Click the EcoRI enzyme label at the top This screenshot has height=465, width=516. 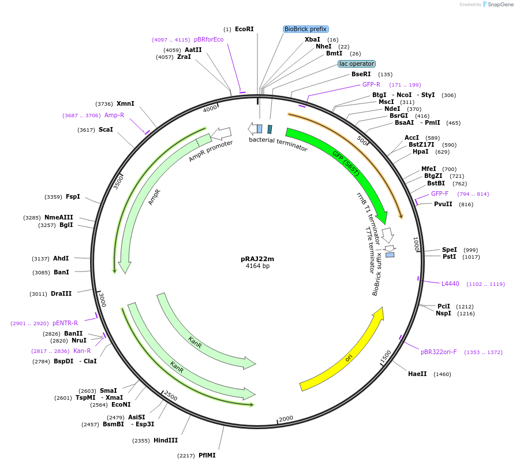(244, 29)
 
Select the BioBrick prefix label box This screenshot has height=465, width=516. (305, 29)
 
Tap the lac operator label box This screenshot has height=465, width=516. (357, 64)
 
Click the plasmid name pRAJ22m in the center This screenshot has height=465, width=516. (257, 259)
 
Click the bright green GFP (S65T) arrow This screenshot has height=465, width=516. (346, 162)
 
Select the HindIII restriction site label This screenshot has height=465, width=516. (166, 440)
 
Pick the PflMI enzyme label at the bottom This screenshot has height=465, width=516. (207, 455)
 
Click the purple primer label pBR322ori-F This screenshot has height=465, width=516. (439, 352)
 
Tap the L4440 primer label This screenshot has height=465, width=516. (450, 284)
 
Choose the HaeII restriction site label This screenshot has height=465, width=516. (417, 374)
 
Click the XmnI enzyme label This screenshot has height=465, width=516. (125, 103)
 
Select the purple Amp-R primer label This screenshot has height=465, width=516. (114, 115)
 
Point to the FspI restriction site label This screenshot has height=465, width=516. (73, 196)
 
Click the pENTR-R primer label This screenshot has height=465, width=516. (65, 323)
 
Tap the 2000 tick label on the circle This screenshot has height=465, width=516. (286, 419)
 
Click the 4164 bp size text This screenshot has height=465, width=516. (257, 266)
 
